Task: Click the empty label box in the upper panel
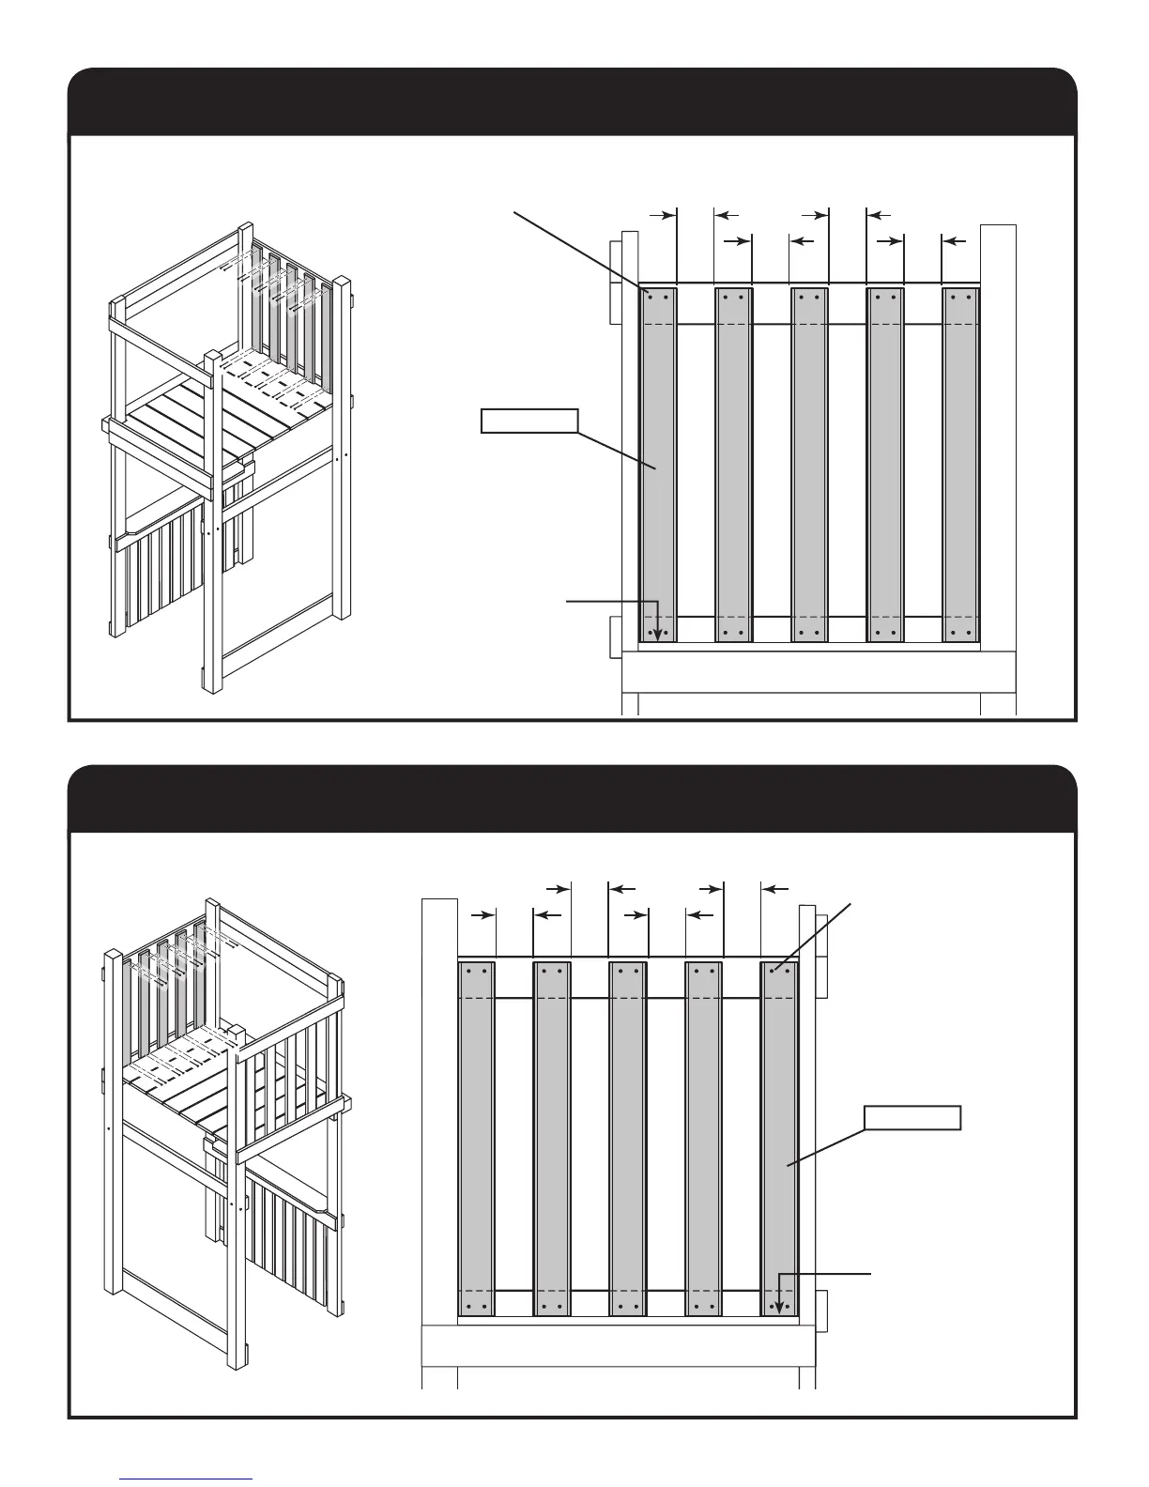[529, 421]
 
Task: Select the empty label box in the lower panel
[912, 1117]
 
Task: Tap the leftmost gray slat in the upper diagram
[658, 465]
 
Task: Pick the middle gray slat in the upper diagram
[809, 465]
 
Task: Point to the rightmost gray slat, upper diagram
[960, 465]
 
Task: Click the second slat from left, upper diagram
[734, 465]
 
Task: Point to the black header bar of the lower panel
[572, 799]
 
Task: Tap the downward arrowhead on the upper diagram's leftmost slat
[658, 634]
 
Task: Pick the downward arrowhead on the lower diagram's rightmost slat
[779, 1307]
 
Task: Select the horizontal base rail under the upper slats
[817, 670]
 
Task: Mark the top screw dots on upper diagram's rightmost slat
[960, 296]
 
